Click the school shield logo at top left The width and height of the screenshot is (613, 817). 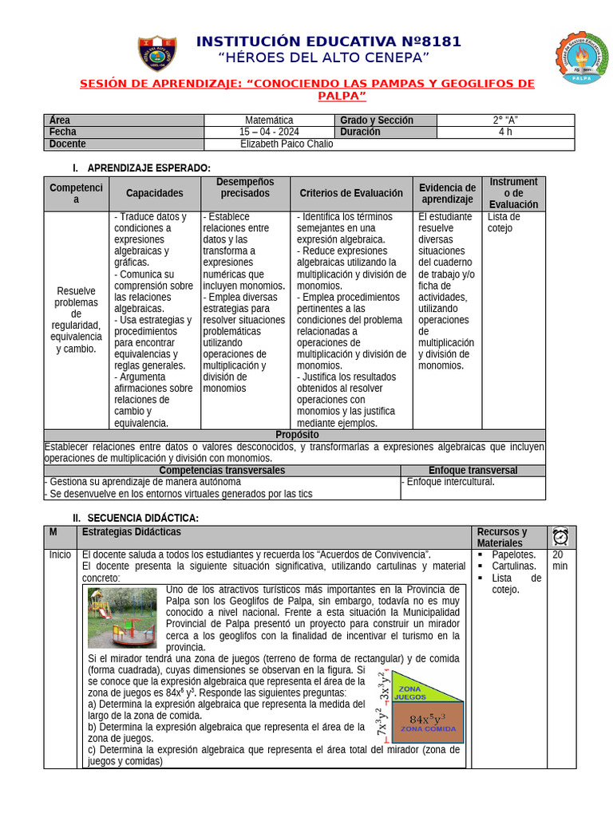click(157, 53)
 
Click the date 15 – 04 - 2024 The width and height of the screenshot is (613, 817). click(269, 132)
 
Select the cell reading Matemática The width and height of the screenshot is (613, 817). click(269, 120)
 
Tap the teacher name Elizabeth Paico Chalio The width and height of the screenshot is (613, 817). click(287, 144)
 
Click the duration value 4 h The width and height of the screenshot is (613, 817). click(504, 132)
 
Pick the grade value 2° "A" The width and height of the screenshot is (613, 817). click(504, 120)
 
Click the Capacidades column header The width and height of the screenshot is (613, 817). click(154, 193)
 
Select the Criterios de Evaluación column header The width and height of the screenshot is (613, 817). click(351, 193)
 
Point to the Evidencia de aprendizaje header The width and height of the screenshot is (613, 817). click(447, 193)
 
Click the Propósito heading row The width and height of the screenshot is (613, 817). click(296, 435)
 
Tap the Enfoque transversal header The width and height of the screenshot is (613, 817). click(473, 471)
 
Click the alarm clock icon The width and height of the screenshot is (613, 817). click(560, 536)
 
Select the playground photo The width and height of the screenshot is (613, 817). click(122, 616)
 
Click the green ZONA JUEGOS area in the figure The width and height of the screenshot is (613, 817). click(416, 689)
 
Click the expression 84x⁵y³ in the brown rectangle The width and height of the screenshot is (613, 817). click(427, 718)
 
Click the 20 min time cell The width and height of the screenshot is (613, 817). click(560, 560)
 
